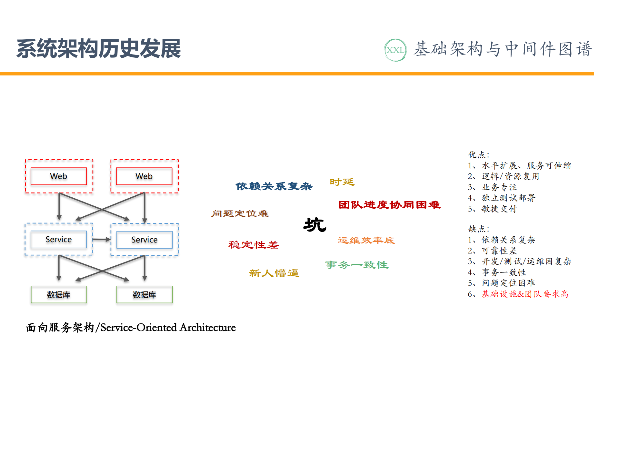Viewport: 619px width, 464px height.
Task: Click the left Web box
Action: coord(59,176)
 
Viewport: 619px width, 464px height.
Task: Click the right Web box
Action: coord(144,176)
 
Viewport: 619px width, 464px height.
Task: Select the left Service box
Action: coord(59,239)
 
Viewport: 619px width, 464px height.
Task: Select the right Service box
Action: coord(144,240)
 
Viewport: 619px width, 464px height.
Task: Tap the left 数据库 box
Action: coord(59,294)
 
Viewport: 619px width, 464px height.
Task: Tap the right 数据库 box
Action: coord(144,294)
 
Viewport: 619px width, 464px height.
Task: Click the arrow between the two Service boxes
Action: coord(101,240)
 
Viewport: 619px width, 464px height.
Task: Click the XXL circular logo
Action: coord(395,50)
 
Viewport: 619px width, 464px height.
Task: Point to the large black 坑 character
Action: coord(315,225)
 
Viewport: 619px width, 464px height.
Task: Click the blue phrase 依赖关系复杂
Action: coord(274,186)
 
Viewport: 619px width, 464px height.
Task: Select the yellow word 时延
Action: coord(342,182)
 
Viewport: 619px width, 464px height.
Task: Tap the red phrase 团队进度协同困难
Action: coord(389,205)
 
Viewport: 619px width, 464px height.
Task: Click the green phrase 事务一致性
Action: coord(357,265)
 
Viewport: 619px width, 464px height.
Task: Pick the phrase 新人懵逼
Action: coord(274,273)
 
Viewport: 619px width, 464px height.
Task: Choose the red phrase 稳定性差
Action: coord(254,245)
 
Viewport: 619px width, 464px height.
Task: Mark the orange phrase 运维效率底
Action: coord(366,240)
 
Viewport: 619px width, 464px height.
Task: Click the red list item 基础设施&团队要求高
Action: coord(525,294)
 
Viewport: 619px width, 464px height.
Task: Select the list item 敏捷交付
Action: coord(499,209)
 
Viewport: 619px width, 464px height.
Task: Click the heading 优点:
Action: coord(479,155)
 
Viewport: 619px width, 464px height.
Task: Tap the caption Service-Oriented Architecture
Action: coord(168,328)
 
